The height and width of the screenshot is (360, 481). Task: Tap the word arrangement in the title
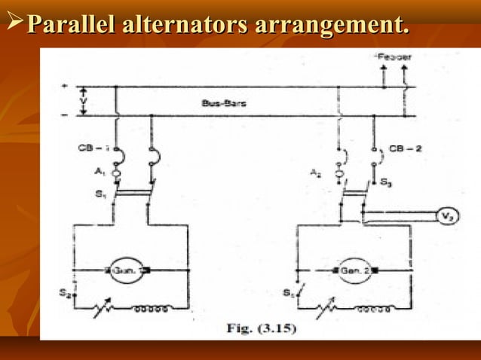coord(332,24)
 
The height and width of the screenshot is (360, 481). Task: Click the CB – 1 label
coord(93,148)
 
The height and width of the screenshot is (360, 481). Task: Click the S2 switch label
coord(66,294)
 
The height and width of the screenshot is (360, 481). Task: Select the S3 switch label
coord(386,182)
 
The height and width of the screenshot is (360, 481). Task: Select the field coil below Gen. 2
coord(374,308)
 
